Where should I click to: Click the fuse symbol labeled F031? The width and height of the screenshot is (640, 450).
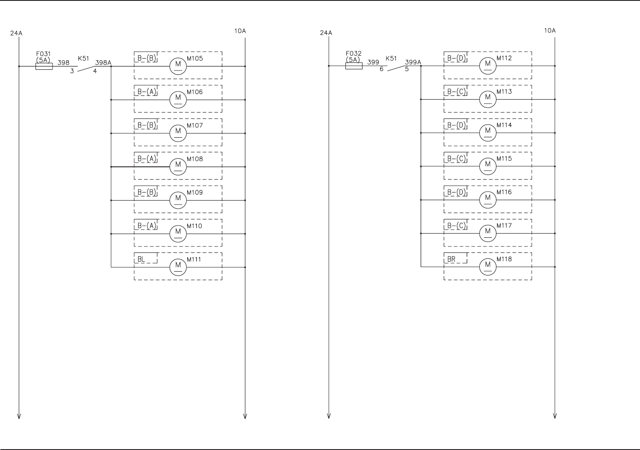click(44, 66)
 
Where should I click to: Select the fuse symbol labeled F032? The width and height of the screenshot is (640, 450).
click(354, 66)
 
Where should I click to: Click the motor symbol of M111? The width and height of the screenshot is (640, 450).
click(178, 266)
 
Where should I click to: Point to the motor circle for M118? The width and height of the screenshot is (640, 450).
click(488, 266)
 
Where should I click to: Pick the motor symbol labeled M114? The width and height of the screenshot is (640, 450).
click(488, 132)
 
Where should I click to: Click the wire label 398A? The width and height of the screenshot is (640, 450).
click(103, 62)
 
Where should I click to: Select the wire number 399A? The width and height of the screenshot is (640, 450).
click(413, 62)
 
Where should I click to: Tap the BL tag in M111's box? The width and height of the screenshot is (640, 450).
click(141, 259)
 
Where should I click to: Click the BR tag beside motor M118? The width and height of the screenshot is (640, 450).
click(451, 259)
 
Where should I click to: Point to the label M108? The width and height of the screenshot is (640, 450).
click(195, 159)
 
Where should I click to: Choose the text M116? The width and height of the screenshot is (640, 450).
click(504, 192)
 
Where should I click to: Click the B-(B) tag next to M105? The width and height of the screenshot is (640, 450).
click(146, 58)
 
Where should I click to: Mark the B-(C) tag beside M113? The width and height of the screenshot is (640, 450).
click(456, 91)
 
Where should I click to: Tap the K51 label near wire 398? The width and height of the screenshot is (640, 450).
click(83, 58)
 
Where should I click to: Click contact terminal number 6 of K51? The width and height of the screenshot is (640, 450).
click(381, 69)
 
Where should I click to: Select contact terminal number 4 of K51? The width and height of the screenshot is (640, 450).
click(95, 71)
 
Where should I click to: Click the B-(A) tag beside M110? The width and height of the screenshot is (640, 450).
click(146, 225)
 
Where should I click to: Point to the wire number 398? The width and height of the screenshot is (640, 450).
click(63, 62)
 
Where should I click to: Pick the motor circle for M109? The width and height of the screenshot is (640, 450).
click(178, 199)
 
